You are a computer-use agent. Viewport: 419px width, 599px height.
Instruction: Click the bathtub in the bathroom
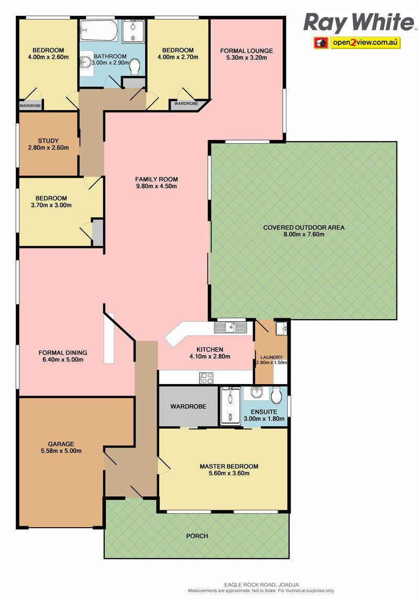[100, 31]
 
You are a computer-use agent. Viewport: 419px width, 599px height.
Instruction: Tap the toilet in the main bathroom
[134, 67]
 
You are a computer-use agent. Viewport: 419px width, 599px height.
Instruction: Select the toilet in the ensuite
[276, 395]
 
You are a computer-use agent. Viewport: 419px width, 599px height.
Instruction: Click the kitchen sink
[230, 327]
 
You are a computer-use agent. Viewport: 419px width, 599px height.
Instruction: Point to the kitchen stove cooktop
[207, 378]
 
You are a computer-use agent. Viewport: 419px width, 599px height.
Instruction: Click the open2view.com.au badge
[357, 42]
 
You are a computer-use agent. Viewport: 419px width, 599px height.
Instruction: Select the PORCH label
[197, 536]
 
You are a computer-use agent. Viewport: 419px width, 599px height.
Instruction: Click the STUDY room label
[48, 140]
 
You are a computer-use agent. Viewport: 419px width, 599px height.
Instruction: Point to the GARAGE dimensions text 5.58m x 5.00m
[61, 451]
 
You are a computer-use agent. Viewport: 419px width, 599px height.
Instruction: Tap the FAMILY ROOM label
[157, 179]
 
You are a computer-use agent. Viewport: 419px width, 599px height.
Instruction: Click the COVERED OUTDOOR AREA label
[304, 227]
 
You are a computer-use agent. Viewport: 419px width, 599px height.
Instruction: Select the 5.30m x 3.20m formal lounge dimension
[246, 58]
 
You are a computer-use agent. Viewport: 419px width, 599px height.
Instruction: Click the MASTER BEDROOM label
[229, 466]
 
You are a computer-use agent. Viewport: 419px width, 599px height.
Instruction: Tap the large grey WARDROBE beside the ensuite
[189, 407]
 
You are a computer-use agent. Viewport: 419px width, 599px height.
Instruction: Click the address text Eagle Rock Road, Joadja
[262, 584]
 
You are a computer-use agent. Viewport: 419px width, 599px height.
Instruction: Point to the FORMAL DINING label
[63, 353]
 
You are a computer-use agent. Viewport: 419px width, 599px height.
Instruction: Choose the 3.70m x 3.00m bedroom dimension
[51, 205]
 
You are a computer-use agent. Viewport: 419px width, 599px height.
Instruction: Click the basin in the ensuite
[257, 393]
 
